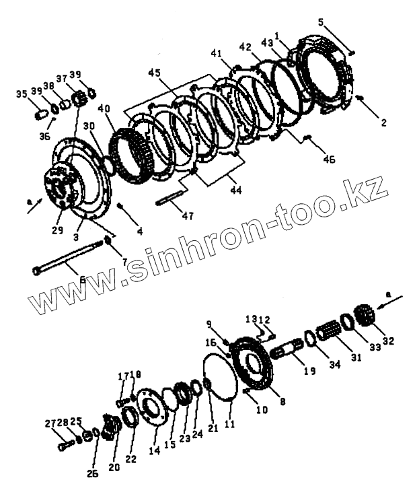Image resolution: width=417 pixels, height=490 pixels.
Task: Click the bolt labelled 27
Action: [63, 445]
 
